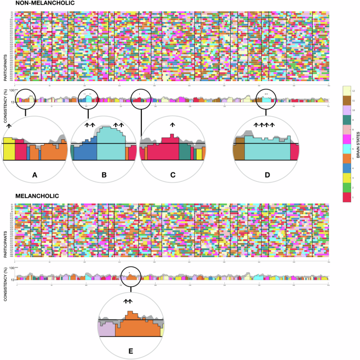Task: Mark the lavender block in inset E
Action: [x=107, y=329]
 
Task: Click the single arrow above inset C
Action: [x=172, y=125]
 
